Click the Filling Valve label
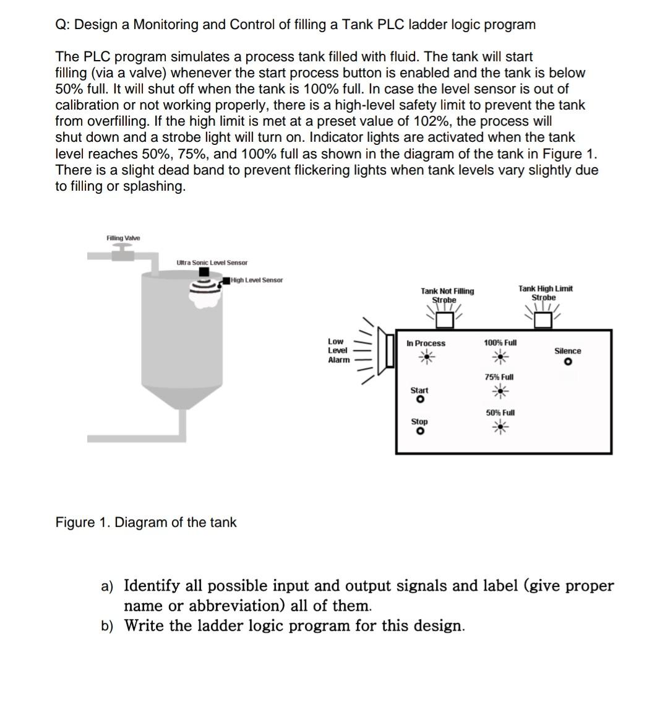(x=123, y=238)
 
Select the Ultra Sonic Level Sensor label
(x=212, y=263)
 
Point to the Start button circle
(x=420, y=400)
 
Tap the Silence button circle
(x=567, y=362)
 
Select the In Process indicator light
(x=426, y=356)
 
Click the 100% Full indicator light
(x=500, y=356)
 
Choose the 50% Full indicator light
(x=500, y=426)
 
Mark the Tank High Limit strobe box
(x=543, y=319)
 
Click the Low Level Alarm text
(x=338, y=350)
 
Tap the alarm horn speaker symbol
(x=390, y=350)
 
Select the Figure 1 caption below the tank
(x=146, y=523)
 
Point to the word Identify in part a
(x=152, y=586)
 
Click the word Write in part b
(x=144, y=625)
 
